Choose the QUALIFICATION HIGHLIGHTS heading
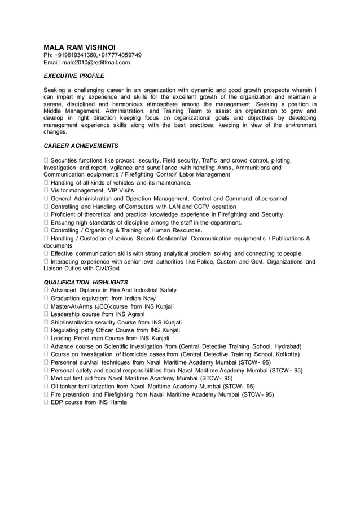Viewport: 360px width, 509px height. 86,282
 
